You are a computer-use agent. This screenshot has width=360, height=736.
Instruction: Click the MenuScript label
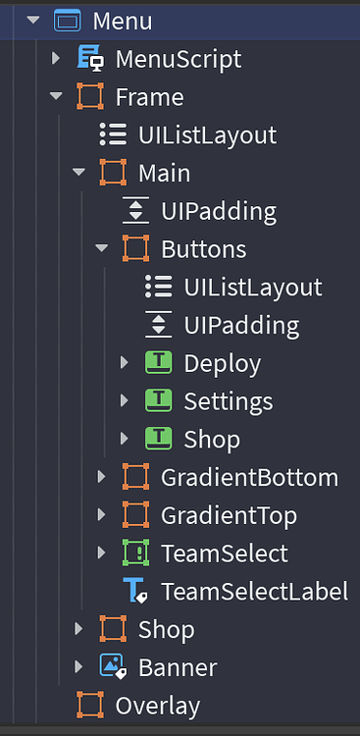[x=178, y=59]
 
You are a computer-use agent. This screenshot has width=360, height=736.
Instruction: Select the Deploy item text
[x=222, y=364]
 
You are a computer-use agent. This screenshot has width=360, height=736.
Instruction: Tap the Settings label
[x=229, y=401]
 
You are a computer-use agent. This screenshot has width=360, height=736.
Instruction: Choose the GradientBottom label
[x=249, y=478]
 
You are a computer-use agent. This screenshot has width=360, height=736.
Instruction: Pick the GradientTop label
[x=229, y=515]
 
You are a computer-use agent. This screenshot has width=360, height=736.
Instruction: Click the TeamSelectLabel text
[x=254, y=592]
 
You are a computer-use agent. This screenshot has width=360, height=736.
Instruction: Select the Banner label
[x=178, y=668]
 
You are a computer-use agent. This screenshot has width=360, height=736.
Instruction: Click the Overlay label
[x=157, y=706]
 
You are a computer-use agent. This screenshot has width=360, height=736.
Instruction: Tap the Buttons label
[x=203, y=249]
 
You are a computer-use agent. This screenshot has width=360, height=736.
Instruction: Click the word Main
[x=164, y=174]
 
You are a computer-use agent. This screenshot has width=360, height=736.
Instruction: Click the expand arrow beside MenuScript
[x=56, y=59]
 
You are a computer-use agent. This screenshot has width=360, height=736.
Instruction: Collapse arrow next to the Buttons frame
[x=101, y=249]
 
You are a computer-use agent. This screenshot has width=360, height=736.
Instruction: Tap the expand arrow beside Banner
[x=78, y=668]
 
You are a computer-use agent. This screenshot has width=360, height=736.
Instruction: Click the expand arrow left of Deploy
[x=124, y=364]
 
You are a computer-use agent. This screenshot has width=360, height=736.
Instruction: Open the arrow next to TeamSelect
[x=101, y=553]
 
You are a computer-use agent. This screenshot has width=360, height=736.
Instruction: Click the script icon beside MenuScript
[x=90, y=59]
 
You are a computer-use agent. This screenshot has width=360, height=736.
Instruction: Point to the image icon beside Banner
[x=113, y=668]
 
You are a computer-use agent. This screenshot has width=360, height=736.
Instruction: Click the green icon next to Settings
[x=158, y=401]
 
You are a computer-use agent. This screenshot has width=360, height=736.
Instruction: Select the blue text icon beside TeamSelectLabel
[x=135, y=592]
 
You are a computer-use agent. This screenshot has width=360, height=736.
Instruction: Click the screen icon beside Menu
[x=68, y=21]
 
